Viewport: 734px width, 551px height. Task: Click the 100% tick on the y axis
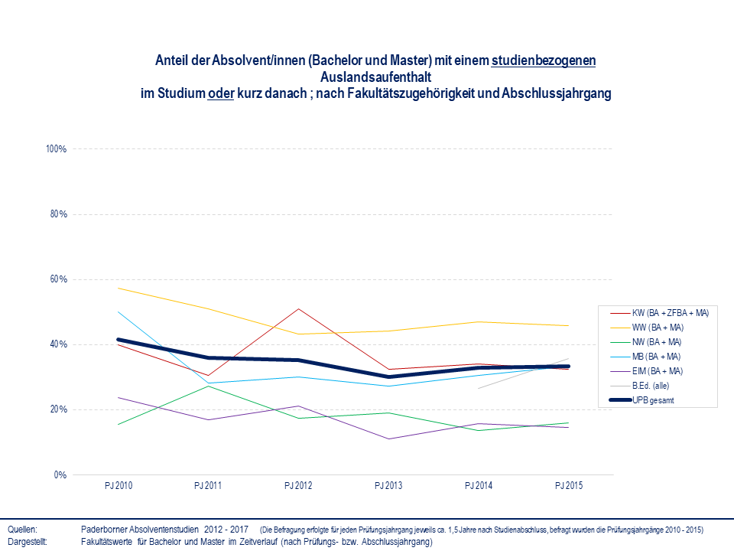[57, 148]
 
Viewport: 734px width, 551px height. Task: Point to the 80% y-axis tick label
[58, 214]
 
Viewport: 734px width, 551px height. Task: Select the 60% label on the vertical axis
[58, 279]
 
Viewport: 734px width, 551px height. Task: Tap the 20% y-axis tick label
[58, 409]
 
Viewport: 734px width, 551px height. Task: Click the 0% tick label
[60, 475]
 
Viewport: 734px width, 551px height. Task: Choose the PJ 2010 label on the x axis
[118, 486]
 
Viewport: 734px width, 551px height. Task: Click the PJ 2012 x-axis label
[298, 486]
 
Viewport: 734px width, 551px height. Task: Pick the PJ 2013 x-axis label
[388, 486]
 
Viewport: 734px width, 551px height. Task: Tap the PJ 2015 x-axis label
[568, 486]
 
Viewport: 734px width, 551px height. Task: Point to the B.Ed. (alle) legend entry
[652, 386]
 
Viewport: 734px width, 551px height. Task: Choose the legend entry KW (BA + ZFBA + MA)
[671, 312]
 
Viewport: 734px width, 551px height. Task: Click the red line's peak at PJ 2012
[298, 308]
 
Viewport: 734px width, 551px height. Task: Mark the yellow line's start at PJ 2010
[118, 288]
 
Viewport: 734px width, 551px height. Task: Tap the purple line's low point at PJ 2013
[388, 439]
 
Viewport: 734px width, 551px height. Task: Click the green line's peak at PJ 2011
[208, 386]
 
